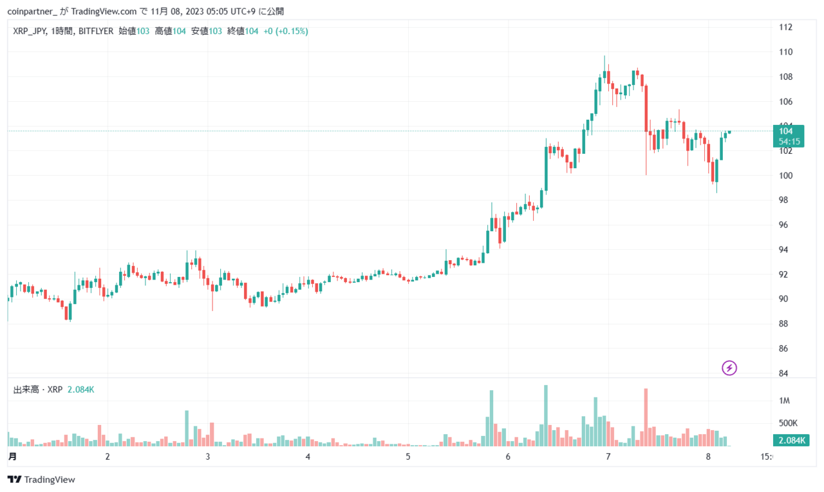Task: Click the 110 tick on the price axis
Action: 785,52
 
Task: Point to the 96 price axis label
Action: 783,225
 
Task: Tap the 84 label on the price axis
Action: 783,373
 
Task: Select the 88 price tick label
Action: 783,324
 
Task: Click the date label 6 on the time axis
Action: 508,457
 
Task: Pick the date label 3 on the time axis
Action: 208,457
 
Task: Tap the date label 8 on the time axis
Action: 708,457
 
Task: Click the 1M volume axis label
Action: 784,401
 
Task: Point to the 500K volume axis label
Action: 788,423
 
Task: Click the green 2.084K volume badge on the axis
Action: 791,440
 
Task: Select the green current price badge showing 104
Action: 789,136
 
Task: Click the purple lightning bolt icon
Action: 729,368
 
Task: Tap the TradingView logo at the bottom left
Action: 41,480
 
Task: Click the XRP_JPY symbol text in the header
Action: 30,32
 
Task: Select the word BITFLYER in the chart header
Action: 96,32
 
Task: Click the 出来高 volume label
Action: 26,390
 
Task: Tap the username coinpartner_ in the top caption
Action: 32,12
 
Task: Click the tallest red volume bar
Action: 646,417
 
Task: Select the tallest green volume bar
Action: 546,416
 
